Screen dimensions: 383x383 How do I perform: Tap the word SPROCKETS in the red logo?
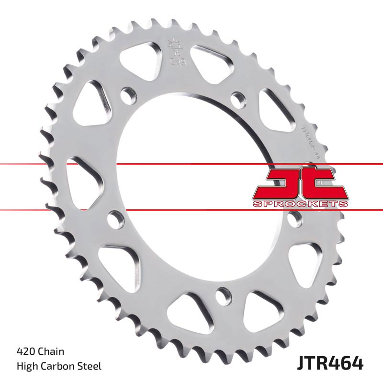(300, 204)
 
